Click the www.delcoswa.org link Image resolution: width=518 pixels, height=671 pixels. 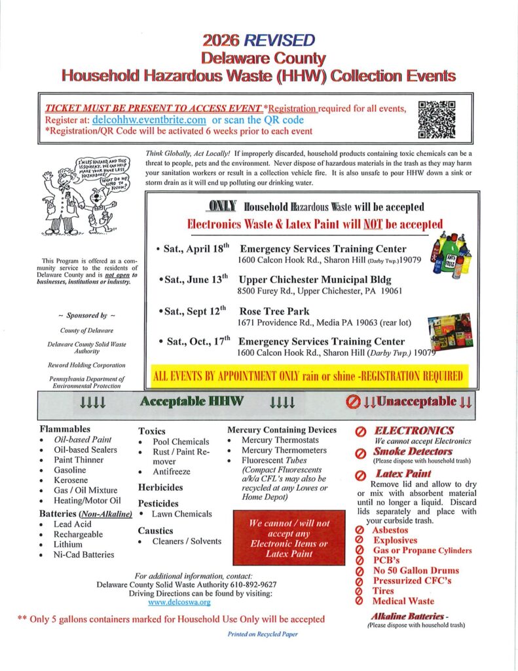179,601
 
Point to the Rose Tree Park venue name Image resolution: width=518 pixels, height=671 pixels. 275,311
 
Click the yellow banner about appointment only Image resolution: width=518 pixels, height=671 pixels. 308,376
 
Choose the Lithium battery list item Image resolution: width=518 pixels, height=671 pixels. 68,544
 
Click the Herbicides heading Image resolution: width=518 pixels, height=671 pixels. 161,488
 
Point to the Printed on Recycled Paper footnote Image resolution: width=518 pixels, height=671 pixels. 258,635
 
